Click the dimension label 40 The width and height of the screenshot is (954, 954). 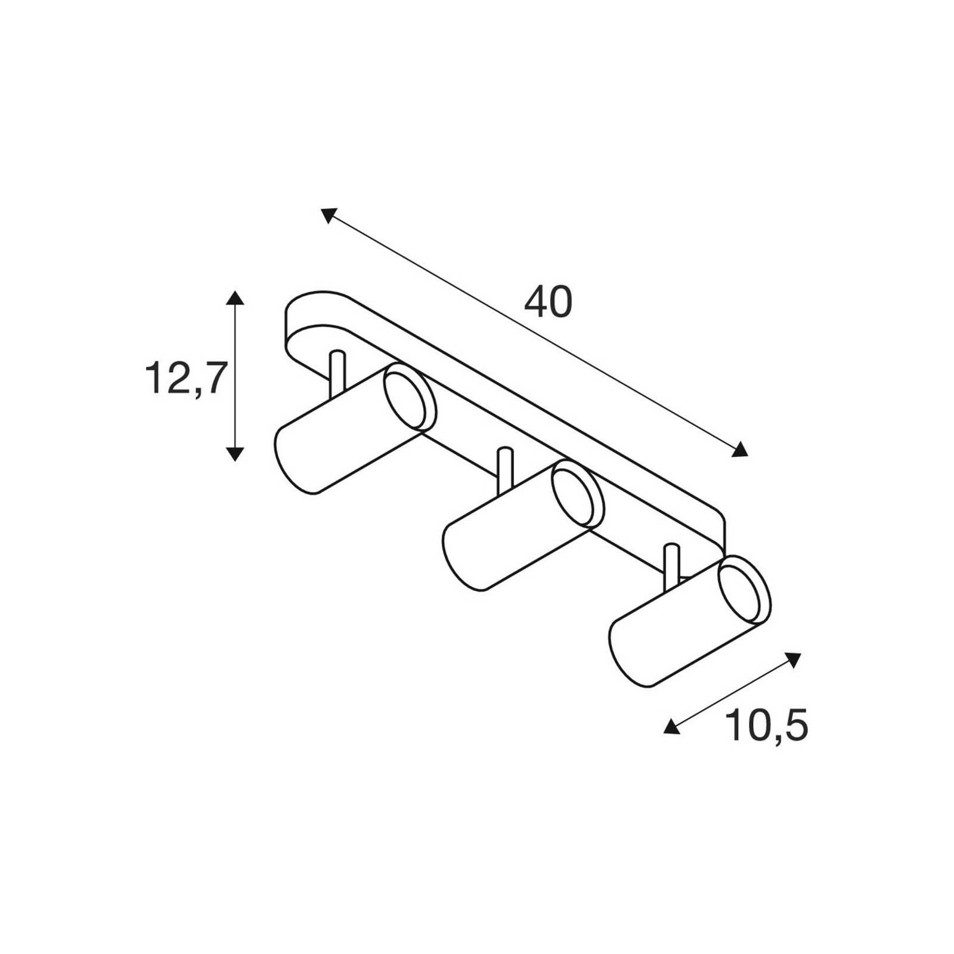point(548,303)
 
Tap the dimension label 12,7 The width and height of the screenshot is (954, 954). point(186,379)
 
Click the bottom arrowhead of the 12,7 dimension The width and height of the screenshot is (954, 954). point(236,453)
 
